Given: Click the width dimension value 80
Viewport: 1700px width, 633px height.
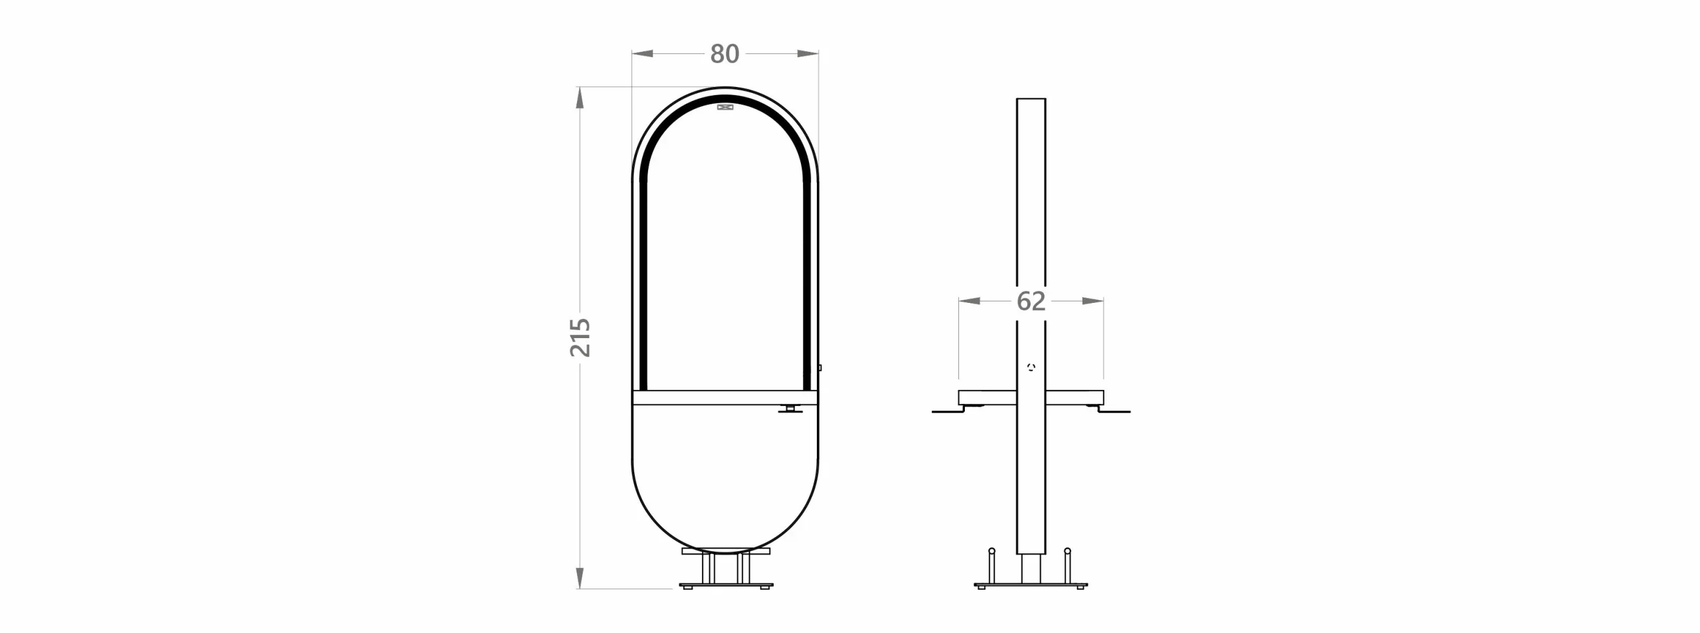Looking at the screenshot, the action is point(724,54).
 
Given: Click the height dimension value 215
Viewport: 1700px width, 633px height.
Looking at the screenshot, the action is point(580,337).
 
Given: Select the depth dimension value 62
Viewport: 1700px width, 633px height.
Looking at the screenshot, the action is point(1031,302).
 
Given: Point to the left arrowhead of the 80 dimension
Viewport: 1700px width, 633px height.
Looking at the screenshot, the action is point(642,54).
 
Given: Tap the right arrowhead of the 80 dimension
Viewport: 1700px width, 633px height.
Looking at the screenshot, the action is point(807,54).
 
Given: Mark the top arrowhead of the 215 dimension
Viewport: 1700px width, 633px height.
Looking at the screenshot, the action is point(580,98).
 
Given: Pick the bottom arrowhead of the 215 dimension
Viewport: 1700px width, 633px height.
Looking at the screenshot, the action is point(580,578).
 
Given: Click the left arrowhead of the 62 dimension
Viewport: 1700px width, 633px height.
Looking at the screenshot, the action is point(970,301).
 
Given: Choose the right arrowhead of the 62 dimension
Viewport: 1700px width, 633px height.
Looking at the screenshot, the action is point(1093,301).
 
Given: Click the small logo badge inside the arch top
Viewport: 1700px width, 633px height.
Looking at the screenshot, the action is point(725,106).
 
